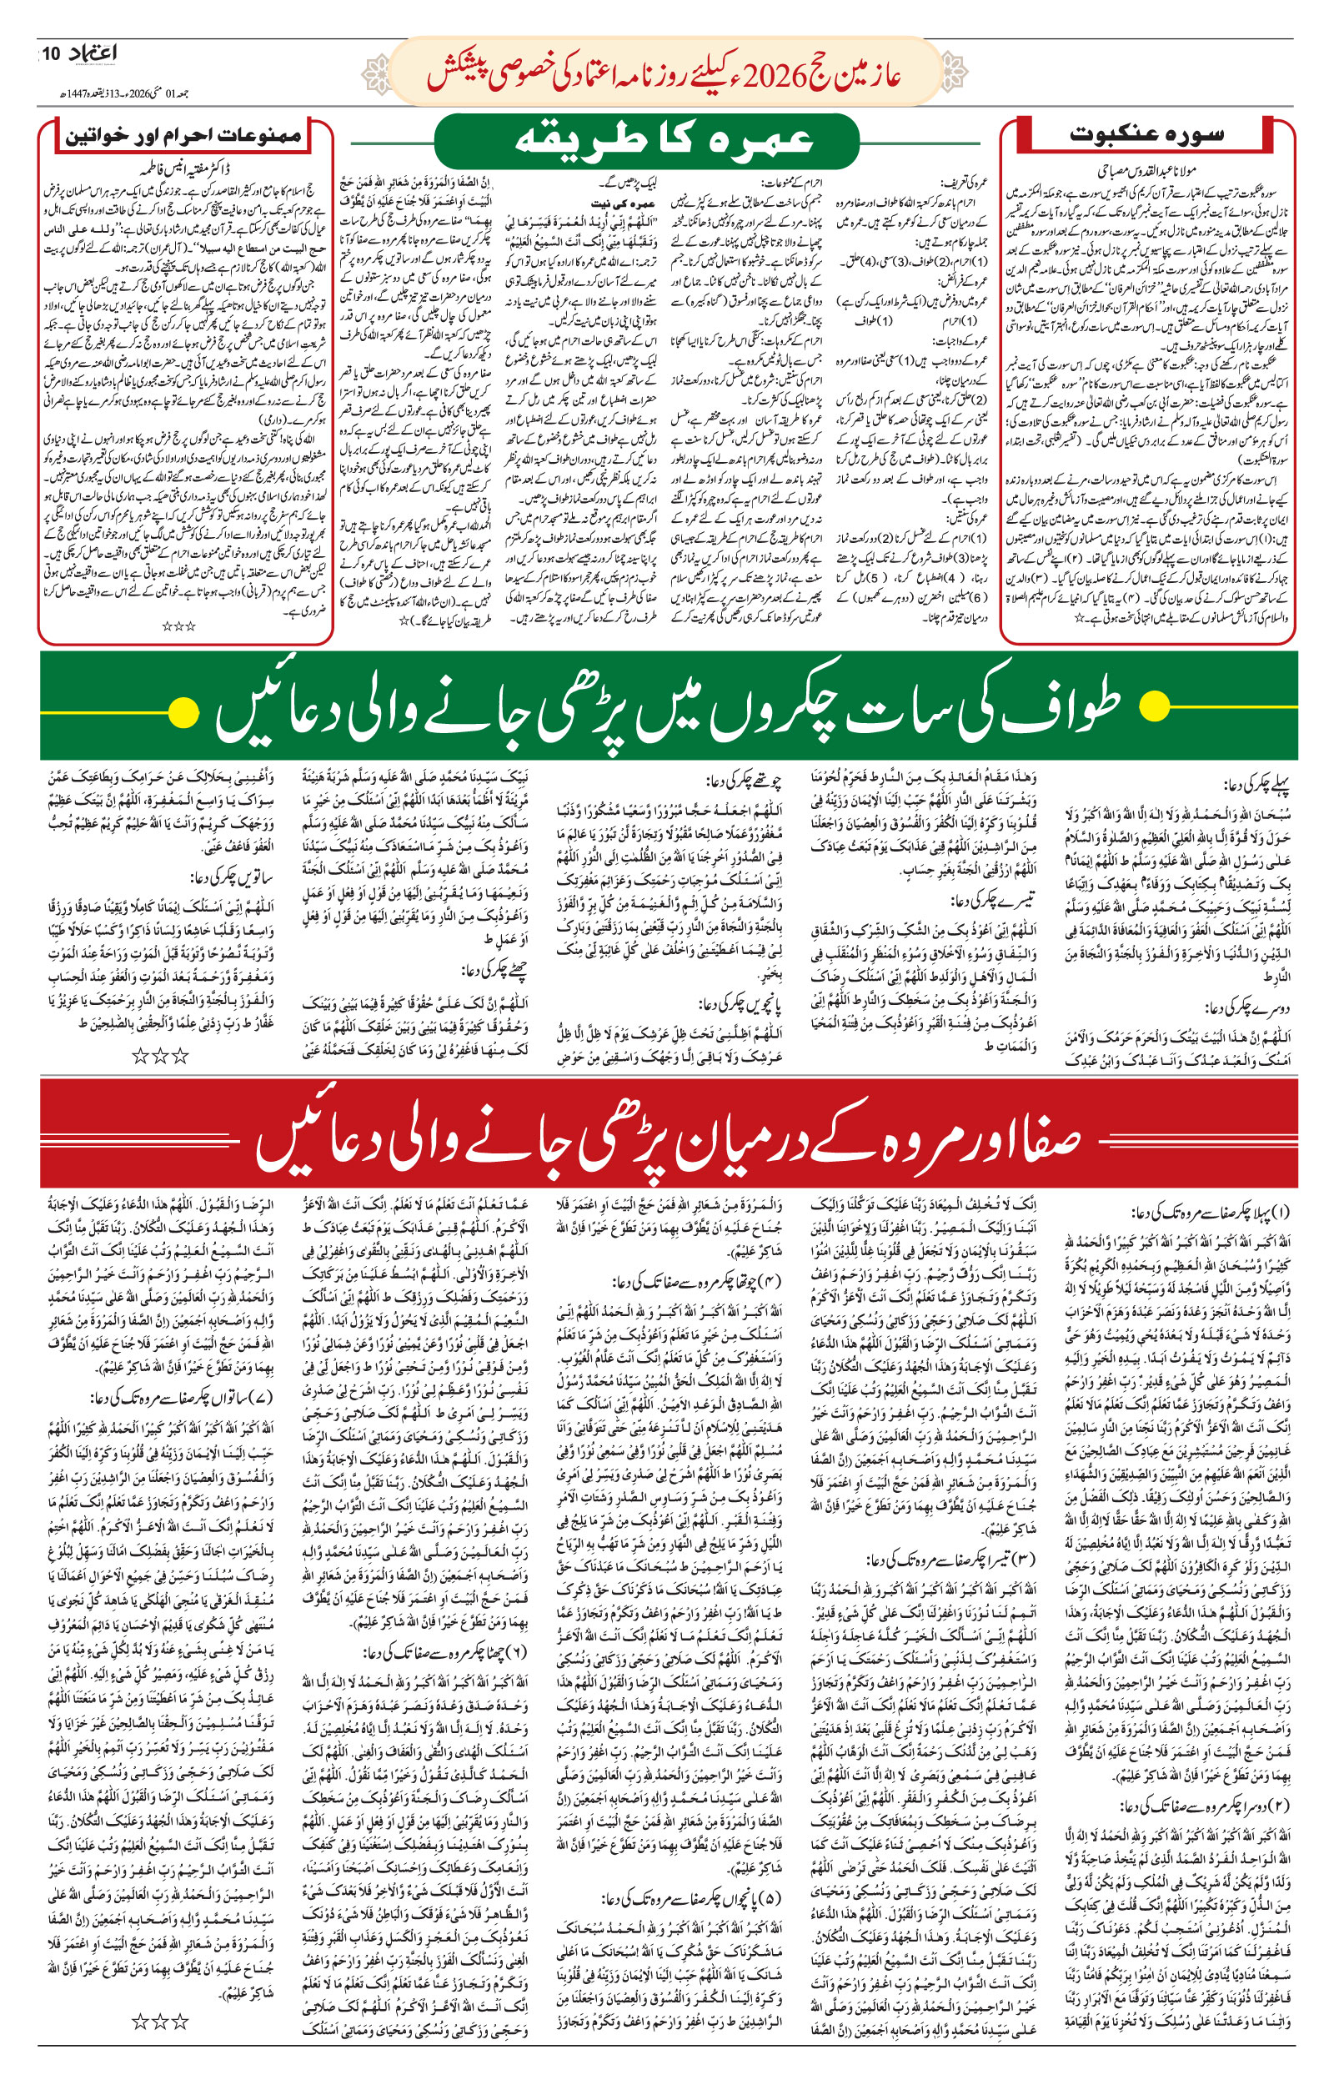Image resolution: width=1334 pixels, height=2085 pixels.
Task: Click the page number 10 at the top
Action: click(51, 53)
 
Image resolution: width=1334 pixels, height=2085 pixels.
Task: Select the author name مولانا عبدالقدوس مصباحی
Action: click(1141, 172)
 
